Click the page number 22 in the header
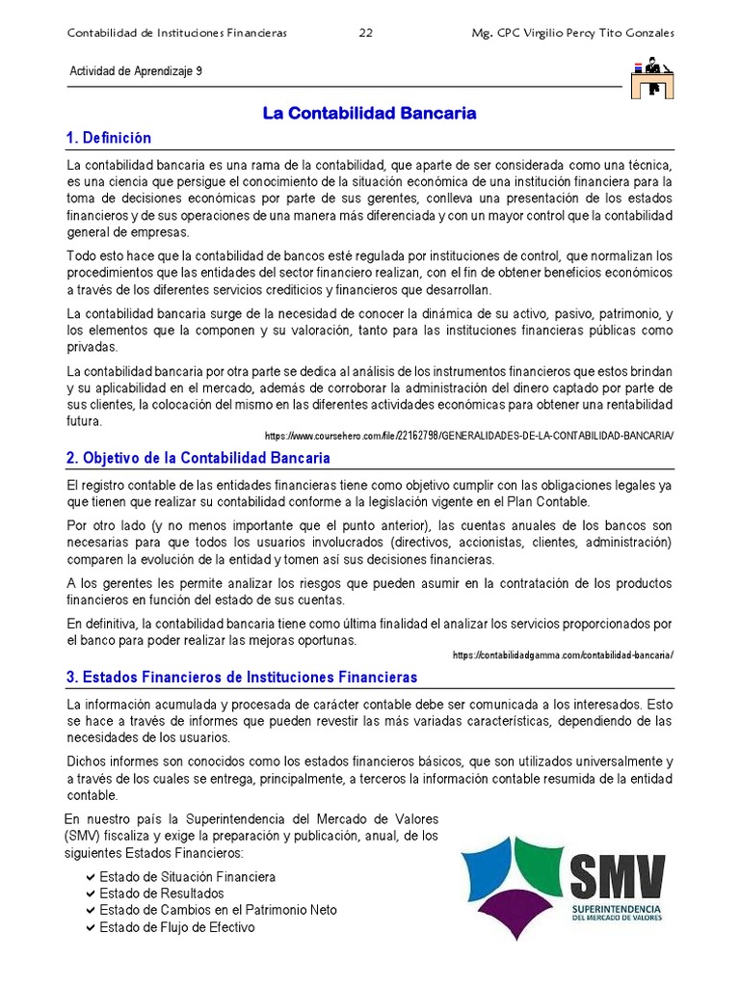click(x=366, y=33)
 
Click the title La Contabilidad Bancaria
click(x=370, y=114)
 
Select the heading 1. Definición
click(x=109, y=138)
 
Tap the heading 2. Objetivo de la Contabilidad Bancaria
click(x=198, y=458)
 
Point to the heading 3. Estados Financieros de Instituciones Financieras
click(x=242, y=677)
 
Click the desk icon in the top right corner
click(x=652, y=79)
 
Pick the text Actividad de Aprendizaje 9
click(x=136, y=71)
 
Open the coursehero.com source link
click(x=468, y=436)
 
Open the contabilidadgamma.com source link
click(x=563, y=655)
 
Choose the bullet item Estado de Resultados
click(x=161, y=894)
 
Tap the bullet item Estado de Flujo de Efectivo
click(x=176, y=927)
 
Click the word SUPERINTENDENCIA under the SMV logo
click(x=616, y=909)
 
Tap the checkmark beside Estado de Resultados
click(x=90, y=894)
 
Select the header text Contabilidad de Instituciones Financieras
click(x=177, y=33)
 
